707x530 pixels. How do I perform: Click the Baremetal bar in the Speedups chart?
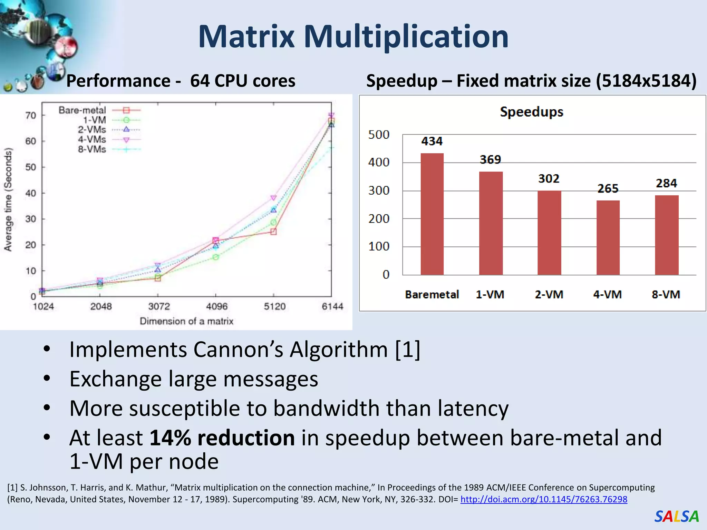tap(432, 214)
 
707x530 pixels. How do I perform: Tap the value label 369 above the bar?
tap(490, 160)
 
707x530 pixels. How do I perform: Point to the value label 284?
tap(666, 183)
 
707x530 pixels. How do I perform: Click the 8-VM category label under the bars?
tap(666, 294)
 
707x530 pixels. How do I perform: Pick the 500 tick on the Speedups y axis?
tap(379, 135)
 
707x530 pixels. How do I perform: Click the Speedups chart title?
tap(532, 112)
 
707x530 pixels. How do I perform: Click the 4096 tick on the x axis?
tap(217, 306)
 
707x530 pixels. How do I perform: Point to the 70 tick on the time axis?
tap(31, 115)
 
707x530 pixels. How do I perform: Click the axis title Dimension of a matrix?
tap(186, 321)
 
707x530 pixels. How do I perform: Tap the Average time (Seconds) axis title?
tap(8, 199)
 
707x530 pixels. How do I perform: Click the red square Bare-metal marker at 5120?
tap(273, 232)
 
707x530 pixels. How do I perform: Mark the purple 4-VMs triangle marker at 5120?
tap(273, 198)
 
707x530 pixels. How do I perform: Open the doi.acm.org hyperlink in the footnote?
tap(544, 499)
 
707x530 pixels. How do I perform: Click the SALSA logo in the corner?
tap(676, 517)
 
